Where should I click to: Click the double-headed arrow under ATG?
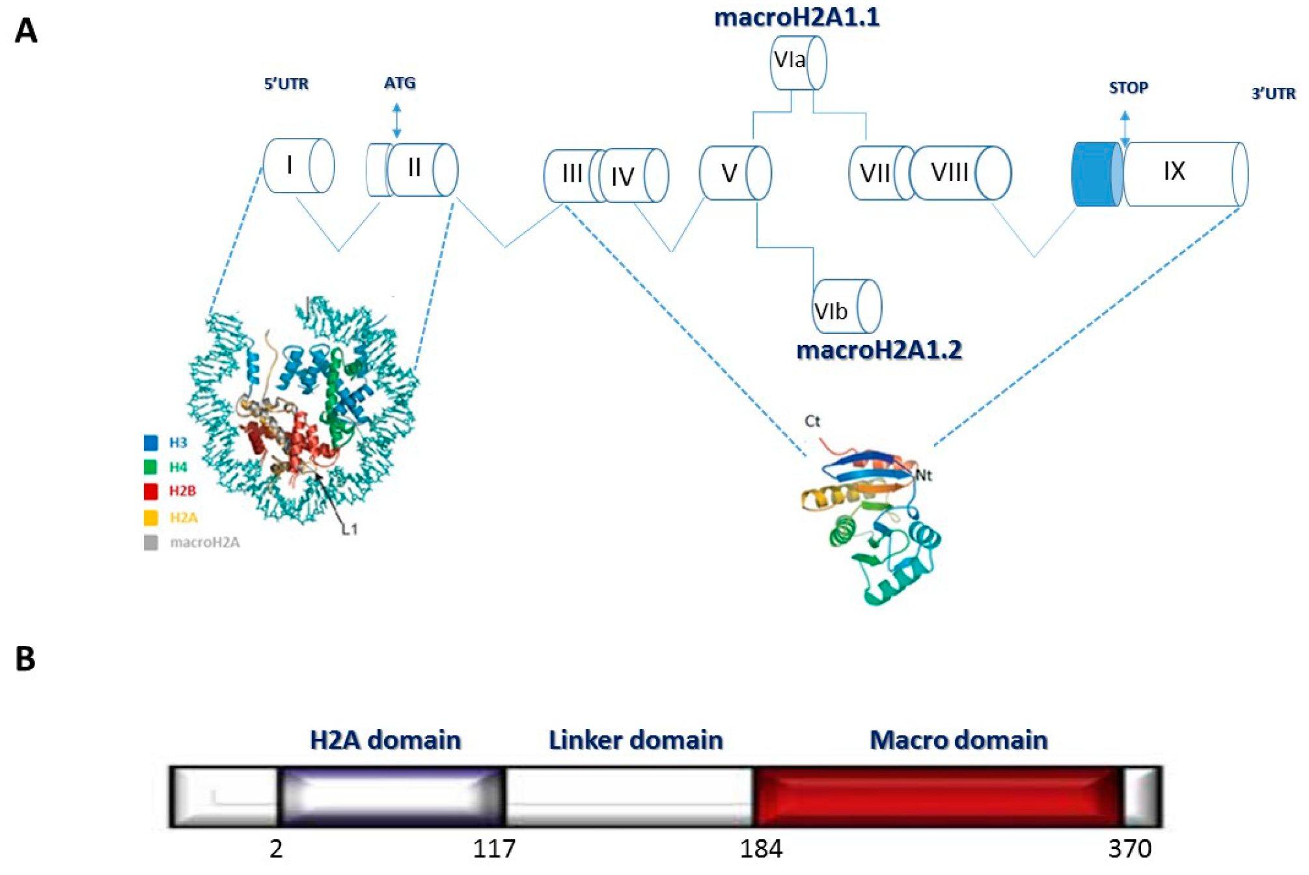397,120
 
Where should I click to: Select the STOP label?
1128,88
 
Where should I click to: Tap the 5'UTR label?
286,84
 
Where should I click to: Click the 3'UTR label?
1273,94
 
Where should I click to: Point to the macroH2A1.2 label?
879,350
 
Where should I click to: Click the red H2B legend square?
151,491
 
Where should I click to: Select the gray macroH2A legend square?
151,542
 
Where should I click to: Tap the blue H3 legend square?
151,443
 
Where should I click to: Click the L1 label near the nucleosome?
350,529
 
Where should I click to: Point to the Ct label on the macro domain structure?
812,421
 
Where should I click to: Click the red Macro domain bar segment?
937,797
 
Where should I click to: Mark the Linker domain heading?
635,740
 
